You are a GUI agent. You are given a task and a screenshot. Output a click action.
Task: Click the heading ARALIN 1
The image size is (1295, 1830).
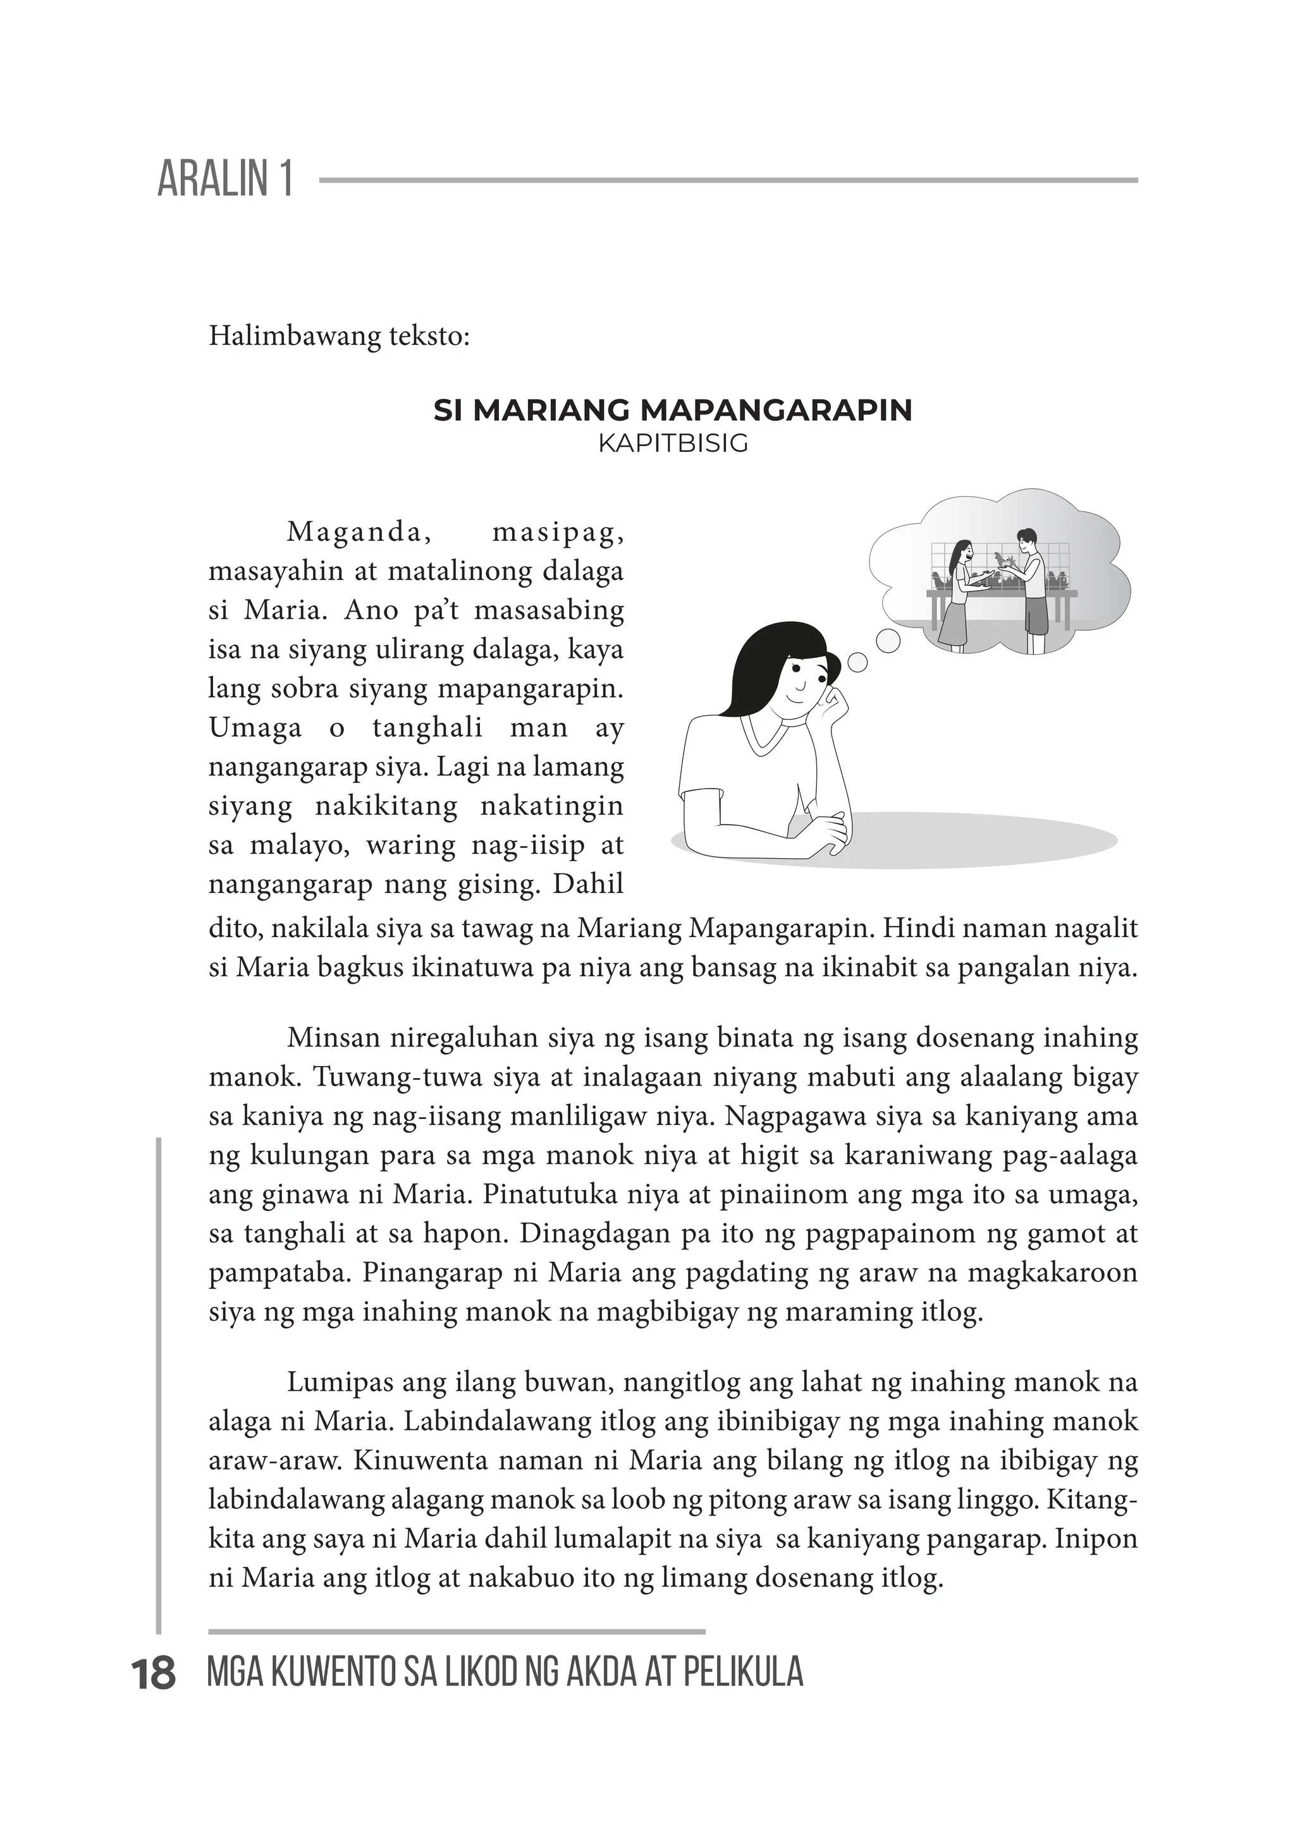pos(226,179)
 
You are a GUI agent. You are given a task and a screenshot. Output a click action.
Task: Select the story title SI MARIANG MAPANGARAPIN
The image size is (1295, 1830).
pos(672,411)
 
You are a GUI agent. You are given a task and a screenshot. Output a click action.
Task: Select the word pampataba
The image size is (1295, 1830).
pos(279,1274)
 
